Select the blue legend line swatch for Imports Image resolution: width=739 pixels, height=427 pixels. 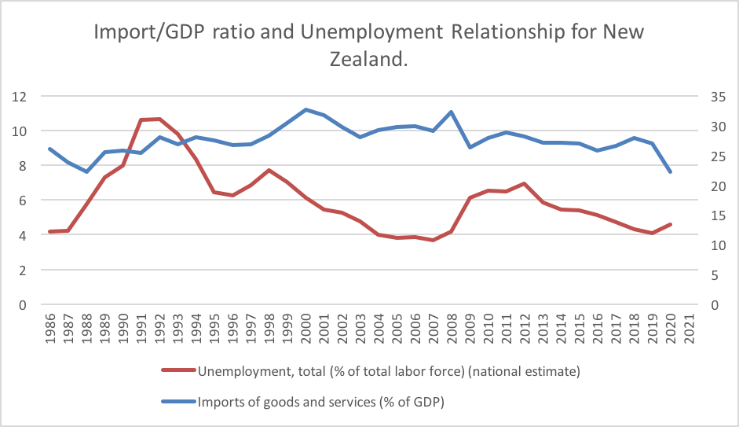(178, 401)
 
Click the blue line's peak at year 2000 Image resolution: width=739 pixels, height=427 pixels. (305, 109)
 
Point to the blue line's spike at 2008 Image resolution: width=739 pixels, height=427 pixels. (452, 112)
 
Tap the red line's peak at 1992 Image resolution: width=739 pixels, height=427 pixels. (159, 119)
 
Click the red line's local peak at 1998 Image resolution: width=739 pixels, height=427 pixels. (269, 170)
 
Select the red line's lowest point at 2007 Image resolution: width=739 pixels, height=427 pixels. (434, 240)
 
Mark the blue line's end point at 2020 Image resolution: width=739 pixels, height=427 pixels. (670, 171)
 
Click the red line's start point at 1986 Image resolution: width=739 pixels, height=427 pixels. (50, 231)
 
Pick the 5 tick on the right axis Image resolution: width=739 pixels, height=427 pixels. (708, 274)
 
